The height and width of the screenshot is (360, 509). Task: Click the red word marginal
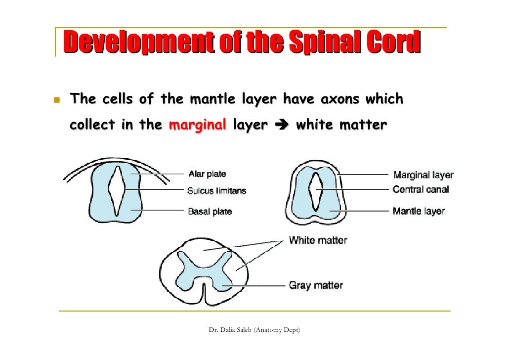coord(198,125)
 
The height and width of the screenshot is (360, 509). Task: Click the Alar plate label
coord(207,174)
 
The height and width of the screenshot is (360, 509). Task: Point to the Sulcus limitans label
coord(216,190)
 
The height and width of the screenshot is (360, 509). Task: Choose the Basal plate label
coord(210,212)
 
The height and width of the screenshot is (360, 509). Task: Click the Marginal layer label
coord(423,175)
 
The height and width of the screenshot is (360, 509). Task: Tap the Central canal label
coord(421,189)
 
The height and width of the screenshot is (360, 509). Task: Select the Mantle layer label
coord(418,211)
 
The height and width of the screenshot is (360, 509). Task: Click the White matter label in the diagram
coord(318,241)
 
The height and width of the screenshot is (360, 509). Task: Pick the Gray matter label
coord(315,285)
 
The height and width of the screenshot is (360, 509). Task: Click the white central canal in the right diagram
coord(316,191)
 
